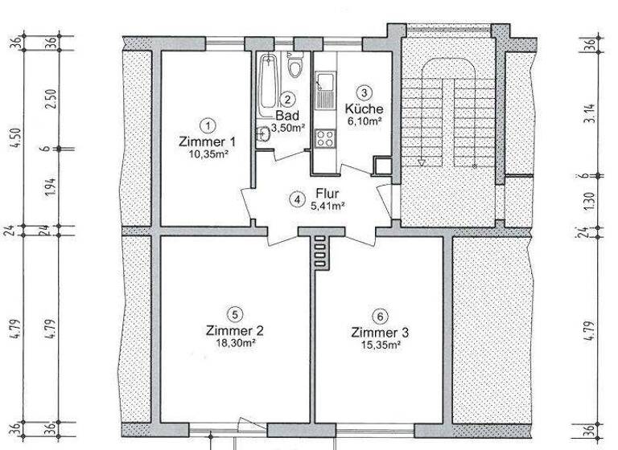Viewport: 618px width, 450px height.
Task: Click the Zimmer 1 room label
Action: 208,141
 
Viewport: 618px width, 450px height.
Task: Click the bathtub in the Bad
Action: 268,84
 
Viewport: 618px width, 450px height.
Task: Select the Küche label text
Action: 364,108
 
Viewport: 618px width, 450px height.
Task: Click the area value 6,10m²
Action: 364,121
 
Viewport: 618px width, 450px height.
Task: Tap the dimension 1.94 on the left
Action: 51,187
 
